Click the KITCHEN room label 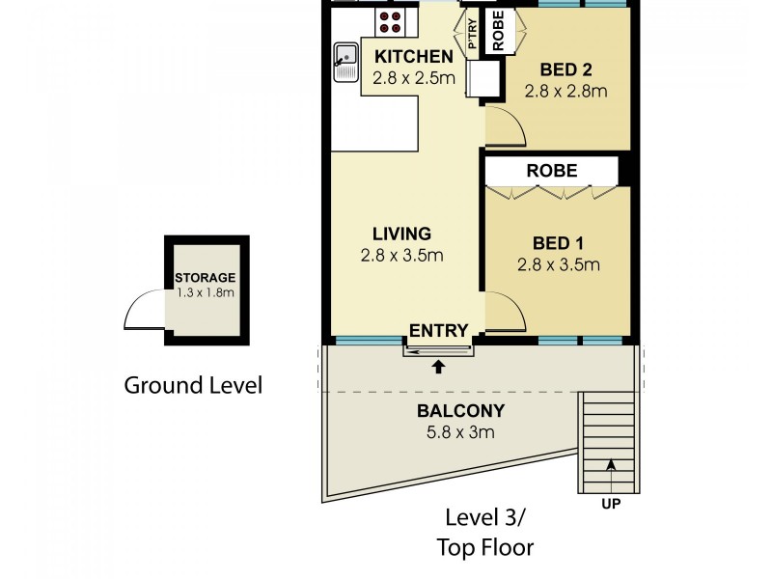[x=413, y=55]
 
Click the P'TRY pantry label [x=473, y=36]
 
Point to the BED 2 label [x=565, y=69]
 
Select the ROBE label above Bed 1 [x=551, y=171]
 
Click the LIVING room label [x=401, y=234]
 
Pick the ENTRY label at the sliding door [x=438, y=331]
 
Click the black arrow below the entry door [x=439, y=367]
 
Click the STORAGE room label [x=205, y=278]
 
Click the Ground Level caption [x=193, y=386]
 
